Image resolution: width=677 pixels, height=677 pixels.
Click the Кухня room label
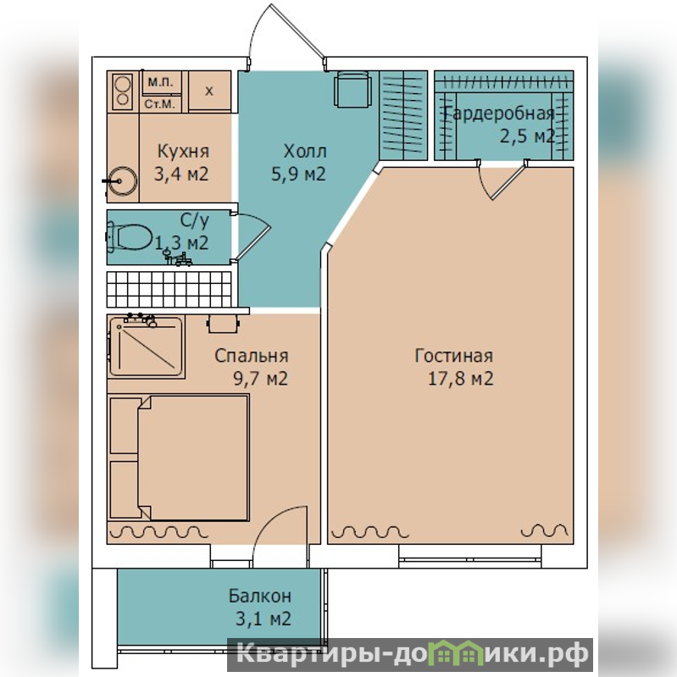[184, 151]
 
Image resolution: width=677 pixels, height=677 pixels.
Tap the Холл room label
[305, 151]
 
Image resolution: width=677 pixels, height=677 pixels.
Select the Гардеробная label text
[499, 114]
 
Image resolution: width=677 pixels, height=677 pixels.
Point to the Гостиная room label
[453, 356]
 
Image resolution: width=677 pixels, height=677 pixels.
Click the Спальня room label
[252, 356]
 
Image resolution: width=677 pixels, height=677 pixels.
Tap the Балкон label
[260, 596]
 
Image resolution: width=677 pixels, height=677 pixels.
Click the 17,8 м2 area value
[460, 379]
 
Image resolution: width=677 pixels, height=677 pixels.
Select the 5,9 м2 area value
[298, 174]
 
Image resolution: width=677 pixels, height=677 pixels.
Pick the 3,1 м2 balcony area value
[264, 619]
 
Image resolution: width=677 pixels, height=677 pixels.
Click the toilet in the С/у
[130, 237]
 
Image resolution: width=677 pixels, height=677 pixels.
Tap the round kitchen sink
[123, 181]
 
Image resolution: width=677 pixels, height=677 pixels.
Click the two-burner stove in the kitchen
[122, 92]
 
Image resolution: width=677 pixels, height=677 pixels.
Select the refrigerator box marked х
[209, 91]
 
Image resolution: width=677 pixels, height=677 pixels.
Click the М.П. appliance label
[161, 82]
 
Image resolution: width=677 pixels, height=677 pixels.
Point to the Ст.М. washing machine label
[160, 104]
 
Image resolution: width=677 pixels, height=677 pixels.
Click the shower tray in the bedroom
[146, 347]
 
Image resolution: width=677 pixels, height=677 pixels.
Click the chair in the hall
[352, 89]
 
